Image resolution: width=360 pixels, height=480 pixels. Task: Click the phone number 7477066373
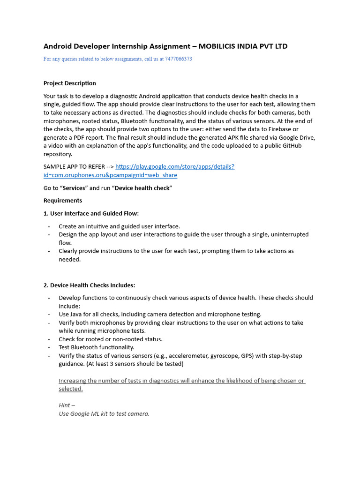[178, 59]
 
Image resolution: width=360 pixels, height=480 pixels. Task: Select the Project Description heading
[69, 83]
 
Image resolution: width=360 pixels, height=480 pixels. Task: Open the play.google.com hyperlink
[174, 167]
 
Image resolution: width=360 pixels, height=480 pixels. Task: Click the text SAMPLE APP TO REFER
[74, 167]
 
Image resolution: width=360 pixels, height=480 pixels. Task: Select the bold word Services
[74, 188]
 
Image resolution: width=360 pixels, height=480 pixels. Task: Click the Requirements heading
[63, 201]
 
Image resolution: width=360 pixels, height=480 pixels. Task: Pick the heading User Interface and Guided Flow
[91, 214]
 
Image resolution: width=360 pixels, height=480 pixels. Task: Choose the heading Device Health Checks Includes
[89, 285]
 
